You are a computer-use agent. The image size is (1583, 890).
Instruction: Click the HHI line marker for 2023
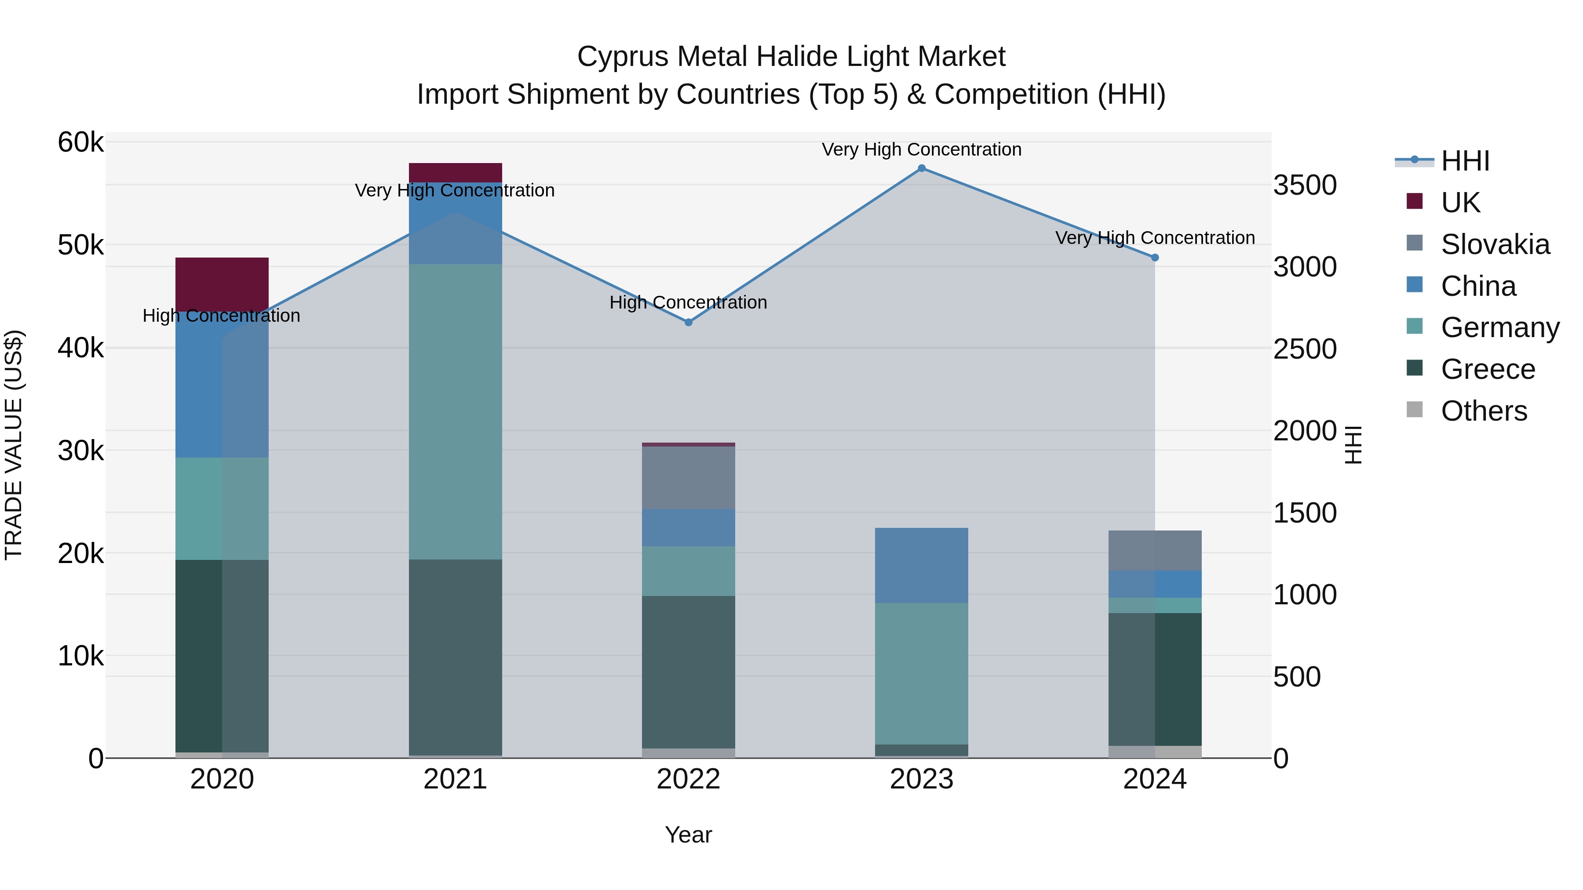pyautogui.click(x=921, y=168)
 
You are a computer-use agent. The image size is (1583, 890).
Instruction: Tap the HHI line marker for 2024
pyautogui.click(x=1155, y=258)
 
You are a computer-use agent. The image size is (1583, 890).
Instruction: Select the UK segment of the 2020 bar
pyautogui.click(x=222, y=284)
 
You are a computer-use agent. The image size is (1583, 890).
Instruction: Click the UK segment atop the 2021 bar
pyautogui.click(x=456, y=172)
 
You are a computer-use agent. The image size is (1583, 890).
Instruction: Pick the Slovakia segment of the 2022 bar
pyautogui.click(x=688, y=477)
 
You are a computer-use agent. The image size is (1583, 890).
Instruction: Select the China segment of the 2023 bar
pyautogui.click(x=921, y=565)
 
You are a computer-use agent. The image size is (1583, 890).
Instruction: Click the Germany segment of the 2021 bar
pyautogui.click(x=456, y=411)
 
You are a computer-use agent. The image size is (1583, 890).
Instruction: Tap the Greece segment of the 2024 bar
pyautogui.click(x=1155, y=679)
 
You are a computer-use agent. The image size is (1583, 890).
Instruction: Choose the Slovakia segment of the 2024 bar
pyautogui.click(x=1155, y=550)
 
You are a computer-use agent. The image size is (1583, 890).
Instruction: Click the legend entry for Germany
pyautogui.click(x=1499, y=327)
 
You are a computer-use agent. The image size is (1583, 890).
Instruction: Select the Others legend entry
pyautogui.click(x=1484, y=411)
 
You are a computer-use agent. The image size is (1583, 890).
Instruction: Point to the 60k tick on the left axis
pyautogui.click(x=80, y=142)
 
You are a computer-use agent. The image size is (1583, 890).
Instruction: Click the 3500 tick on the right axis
pyautogui.click(x=1305, y=185)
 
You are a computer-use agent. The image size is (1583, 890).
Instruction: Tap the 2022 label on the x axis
pyautogui.click(x=688, y=779)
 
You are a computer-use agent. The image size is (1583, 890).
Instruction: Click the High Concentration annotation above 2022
pyautogui.click(x=688, y=302)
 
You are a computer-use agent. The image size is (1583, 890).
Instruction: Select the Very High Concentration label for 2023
pyautogui.click(x=921, y=149)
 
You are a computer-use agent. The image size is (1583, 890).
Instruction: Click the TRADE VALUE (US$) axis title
pyautogui.click(x=14, y=445)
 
